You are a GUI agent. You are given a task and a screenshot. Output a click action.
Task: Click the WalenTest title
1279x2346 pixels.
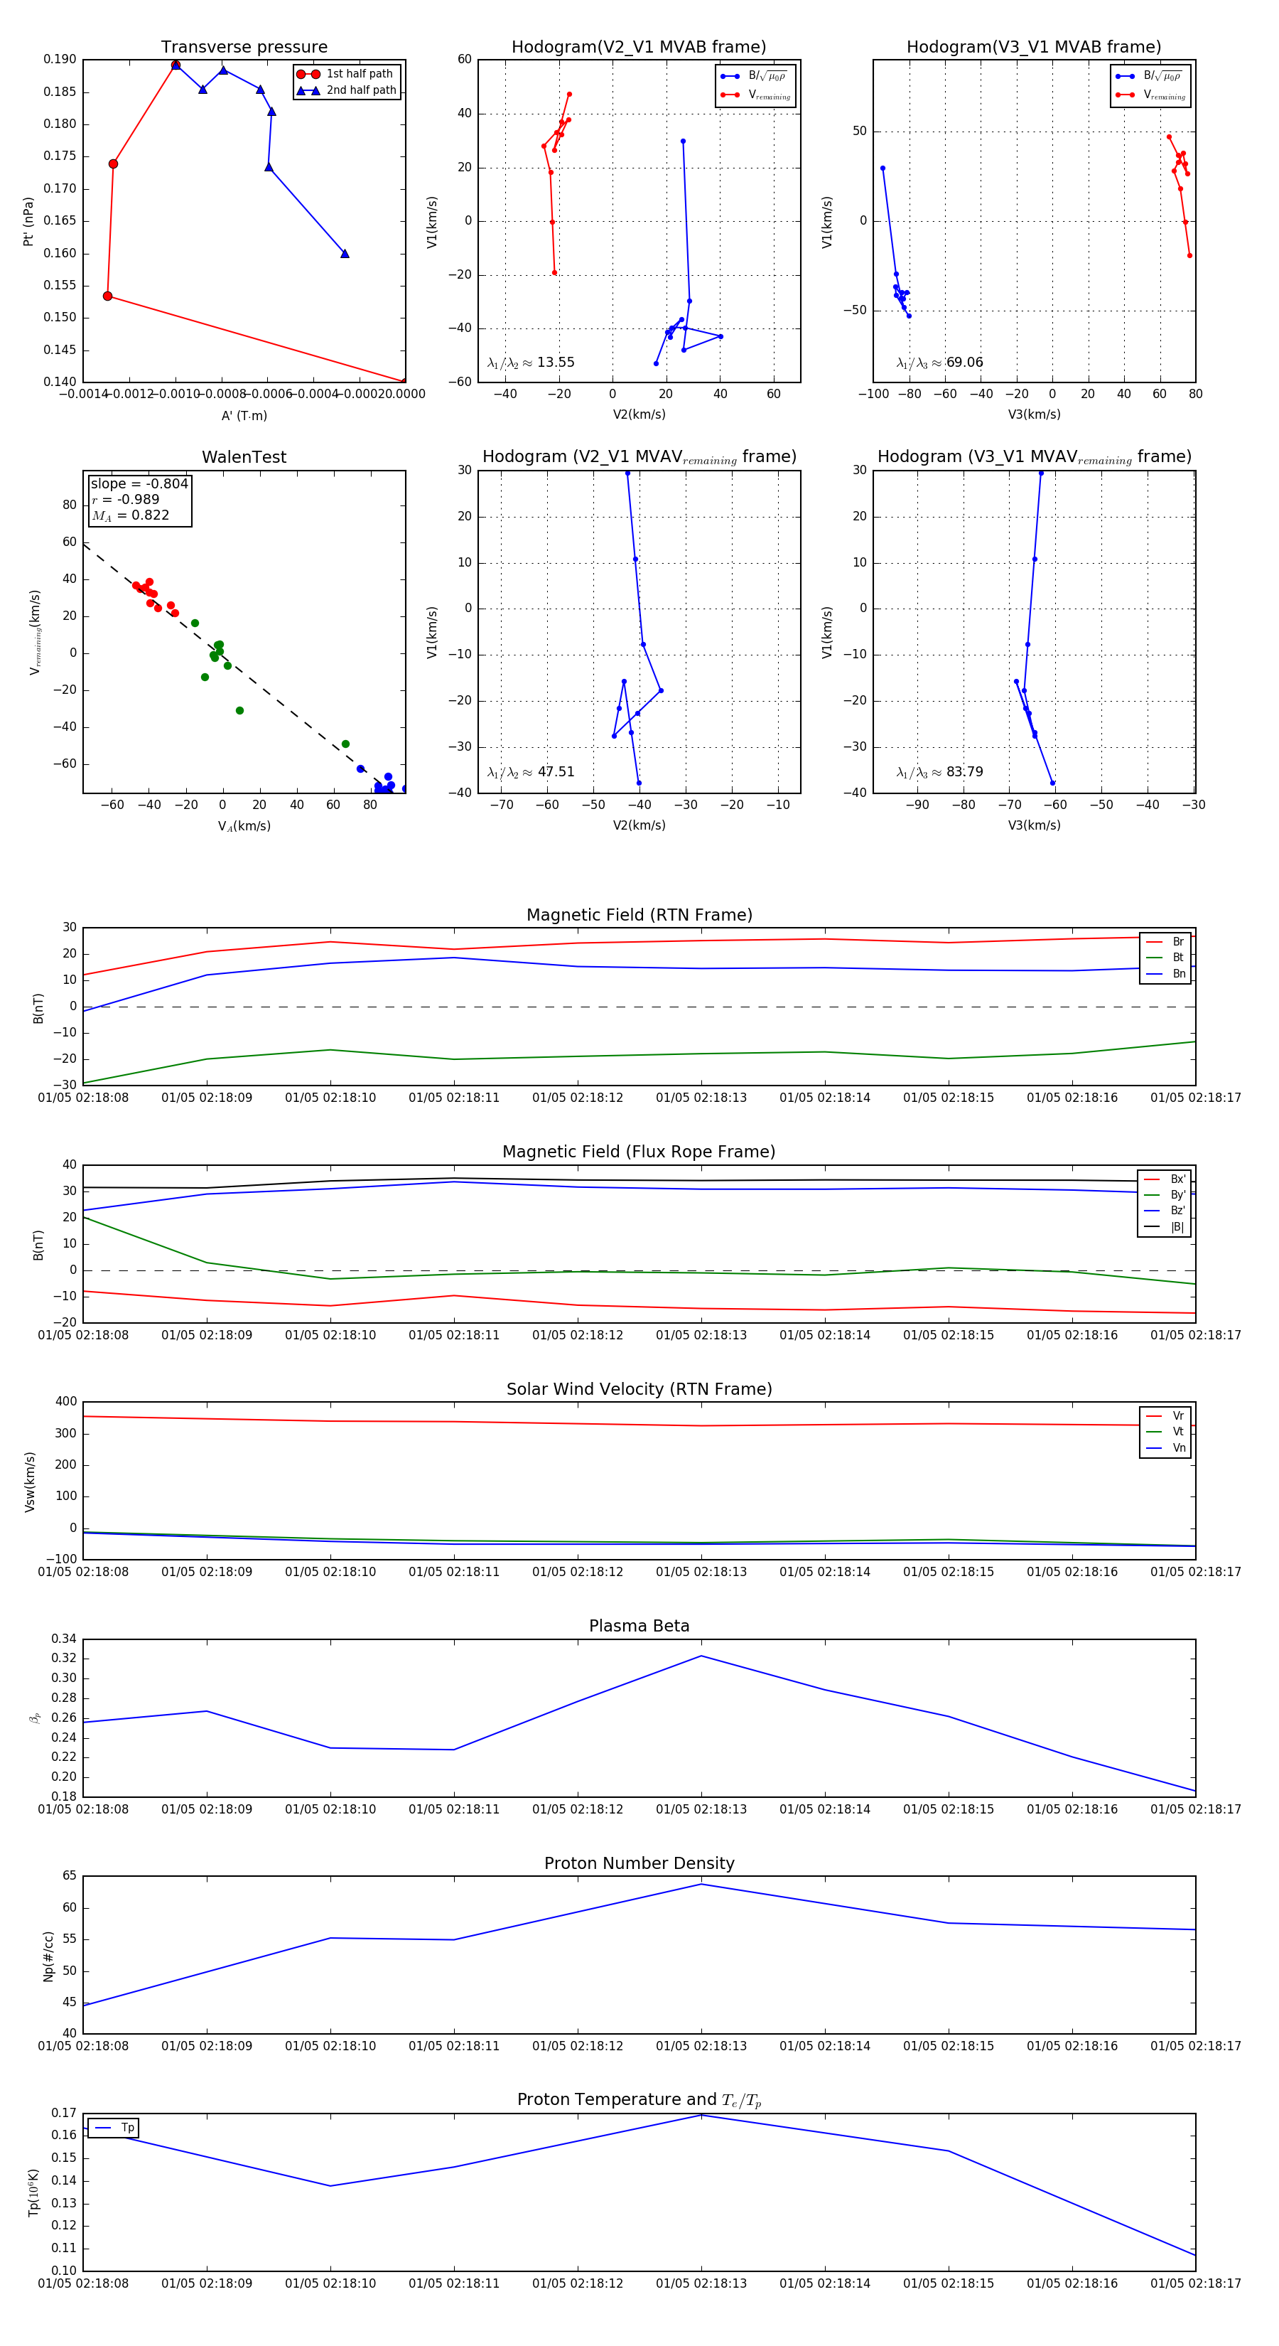coord(244,457)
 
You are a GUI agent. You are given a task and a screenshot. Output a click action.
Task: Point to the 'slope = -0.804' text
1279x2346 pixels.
coord(139,483)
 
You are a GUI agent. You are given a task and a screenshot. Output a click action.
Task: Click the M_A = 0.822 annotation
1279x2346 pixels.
coord(130,515)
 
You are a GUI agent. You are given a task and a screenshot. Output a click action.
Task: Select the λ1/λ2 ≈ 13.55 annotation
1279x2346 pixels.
coord(531,363)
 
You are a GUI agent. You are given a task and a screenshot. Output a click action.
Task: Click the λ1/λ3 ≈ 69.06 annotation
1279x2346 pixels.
coord(939,363)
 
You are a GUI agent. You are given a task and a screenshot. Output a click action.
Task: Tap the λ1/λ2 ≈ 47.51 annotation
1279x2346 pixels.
coord(531,772)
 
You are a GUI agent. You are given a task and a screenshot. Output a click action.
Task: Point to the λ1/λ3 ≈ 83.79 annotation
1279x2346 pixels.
coord(939,772)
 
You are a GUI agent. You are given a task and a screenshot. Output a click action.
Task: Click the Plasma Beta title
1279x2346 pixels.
coord(639,1626)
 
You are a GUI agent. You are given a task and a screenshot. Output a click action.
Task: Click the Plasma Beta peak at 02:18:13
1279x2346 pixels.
coord(701,1656)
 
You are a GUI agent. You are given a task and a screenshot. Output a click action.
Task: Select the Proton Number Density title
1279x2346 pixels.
coord(639,1863)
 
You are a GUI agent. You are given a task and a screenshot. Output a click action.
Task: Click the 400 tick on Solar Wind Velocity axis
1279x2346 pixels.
coord(67,1402)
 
